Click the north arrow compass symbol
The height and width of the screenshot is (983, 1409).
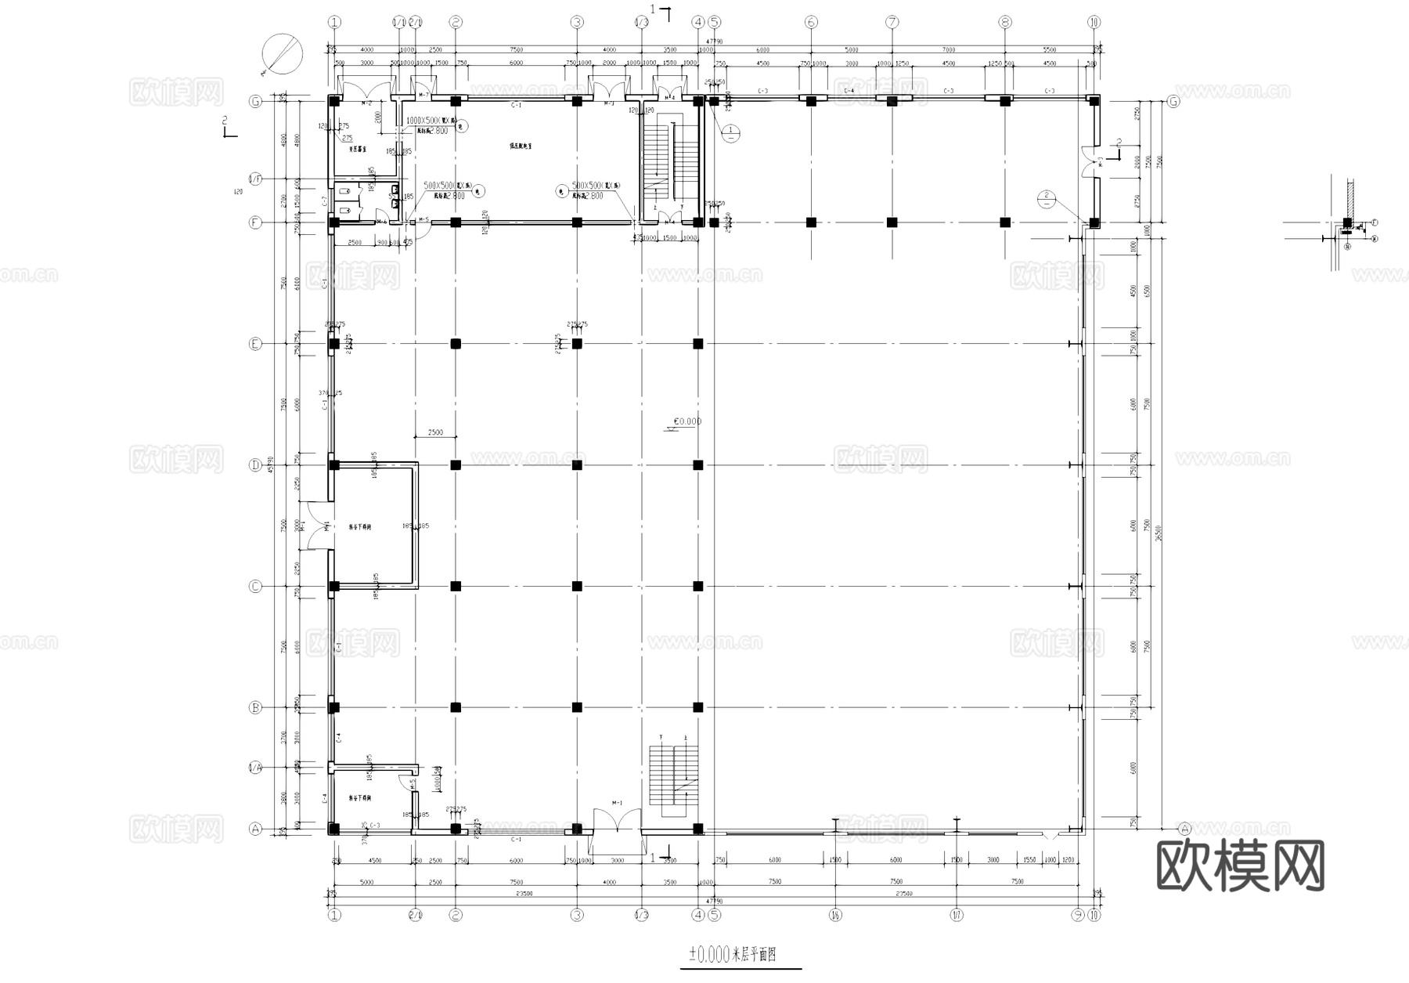pyautogui.click(x=283, y=53)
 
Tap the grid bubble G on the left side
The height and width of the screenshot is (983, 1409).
pyautogui.click(x=254, y=101)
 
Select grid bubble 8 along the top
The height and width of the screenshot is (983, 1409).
pyautogui.click(x=1005, y=22)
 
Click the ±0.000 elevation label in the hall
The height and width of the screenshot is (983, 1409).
pyautogui.click(x=687, y=421)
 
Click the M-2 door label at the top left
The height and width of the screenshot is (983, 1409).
pyautogui.click(x=366, y=103)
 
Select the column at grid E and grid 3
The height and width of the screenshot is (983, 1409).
pyautogui.click(x=577, y=344)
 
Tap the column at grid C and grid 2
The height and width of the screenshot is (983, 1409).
pyautogui.click(x=456, y=586)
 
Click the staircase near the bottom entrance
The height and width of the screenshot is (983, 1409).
pyautogui.click(x=673, y=775)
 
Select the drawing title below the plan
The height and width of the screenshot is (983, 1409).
pyautogui.click(x=732, y=955)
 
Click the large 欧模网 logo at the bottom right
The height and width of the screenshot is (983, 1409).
pyautogui.click(x=1240, y=866)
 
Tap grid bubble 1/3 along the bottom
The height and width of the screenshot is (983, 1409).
pyautogui.click(x=641, y=914)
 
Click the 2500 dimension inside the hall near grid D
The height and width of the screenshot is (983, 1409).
pyautogui.click(x=435, y=432)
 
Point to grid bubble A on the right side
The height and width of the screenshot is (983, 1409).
pyautogui.click(x=1184, y=829)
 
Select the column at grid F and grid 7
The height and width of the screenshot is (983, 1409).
pyautogui.click(x=892, y=222)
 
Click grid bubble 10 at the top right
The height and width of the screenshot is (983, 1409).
pyautogui.click(x=1094, y=22)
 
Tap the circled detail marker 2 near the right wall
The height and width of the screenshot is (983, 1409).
pyautogui.click(x=1046, y=199)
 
